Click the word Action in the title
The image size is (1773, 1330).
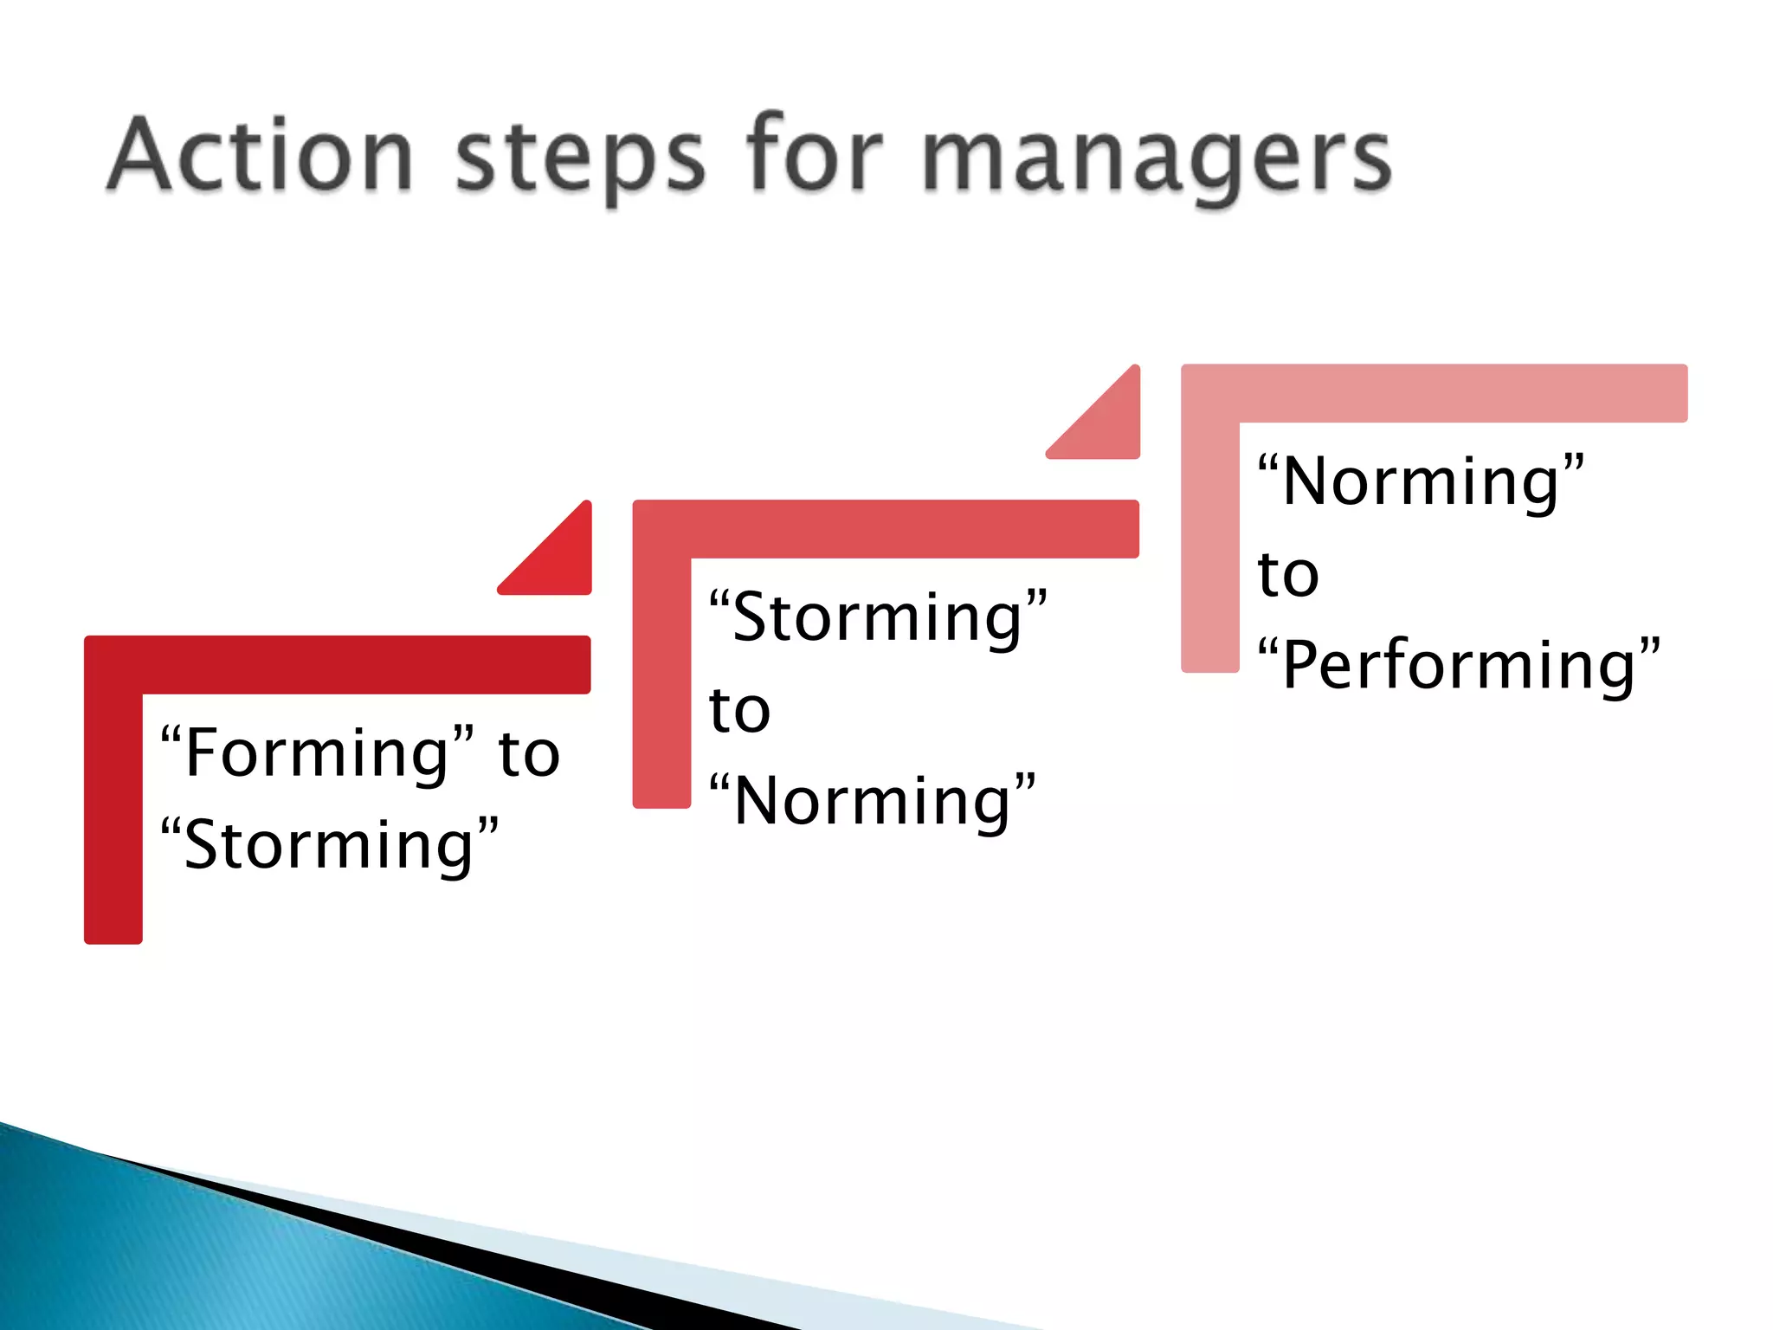[260, 156]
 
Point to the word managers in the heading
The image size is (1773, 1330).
[1156, 160]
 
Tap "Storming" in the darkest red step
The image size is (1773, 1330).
[330, 845]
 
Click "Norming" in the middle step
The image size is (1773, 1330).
[872, 801]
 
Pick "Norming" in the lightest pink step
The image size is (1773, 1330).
[1421, 481]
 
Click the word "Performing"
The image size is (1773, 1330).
[1459, 665]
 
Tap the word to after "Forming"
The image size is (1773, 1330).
[529, 753]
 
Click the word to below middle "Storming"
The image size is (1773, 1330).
[739, 710]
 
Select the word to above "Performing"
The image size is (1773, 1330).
[1288, 574]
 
